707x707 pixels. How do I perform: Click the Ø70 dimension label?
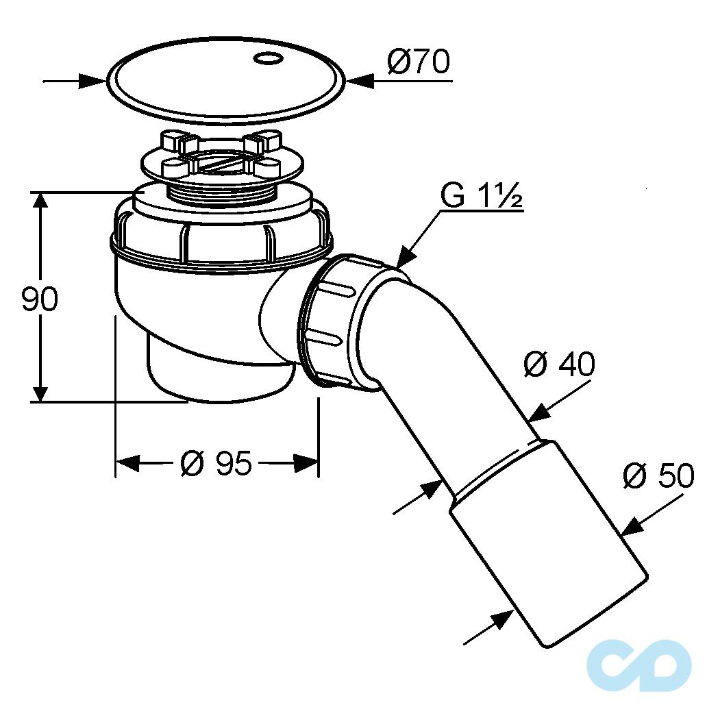pyautogui.click(x=418, y=62)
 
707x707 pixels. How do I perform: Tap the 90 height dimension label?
pyautogui.click(x=40, y=298)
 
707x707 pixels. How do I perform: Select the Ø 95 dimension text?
pyautogui.click(x=216, y=462)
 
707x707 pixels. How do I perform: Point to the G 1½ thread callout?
pyautogui.click(x=481, y=196)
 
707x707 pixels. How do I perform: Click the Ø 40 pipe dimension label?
pyautogui.click(x=559, y=364)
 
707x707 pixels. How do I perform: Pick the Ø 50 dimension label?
pyautogui.click(x=658, y=475)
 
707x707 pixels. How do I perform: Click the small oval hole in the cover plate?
pyautogui.click(x=269, y=58)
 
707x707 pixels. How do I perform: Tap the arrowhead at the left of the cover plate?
pyautogui.click(x=92, y=82)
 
